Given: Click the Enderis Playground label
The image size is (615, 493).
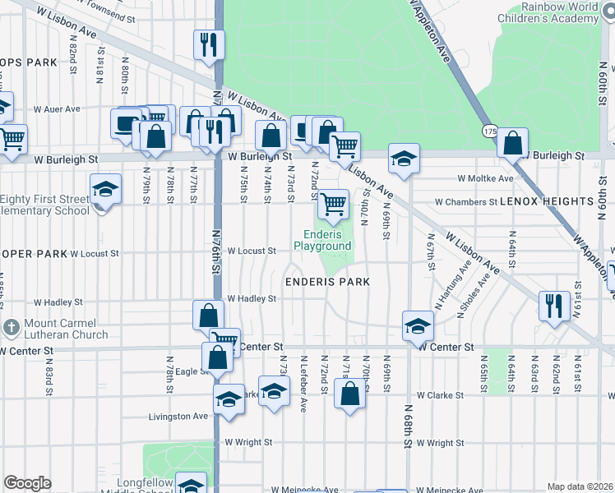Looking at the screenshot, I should click(x=322, y=240).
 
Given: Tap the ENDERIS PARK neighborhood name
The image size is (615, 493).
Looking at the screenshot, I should click(x=326, y=282).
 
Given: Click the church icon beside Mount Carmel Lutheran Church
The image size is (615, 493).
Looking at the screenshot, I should click(x=11, y=327).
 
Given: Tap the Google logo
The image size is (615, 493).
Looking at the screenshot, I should click(x=27, y=483).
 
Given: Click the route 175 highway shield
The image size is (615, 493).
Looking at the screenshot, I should click(x=490, y=131).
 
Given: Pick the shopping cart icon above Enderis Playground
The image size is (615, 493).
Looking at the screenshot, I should click(x=333, y=203).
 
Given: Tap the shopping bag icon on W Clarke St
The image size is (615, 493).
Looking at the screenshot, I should click(x=349, y=394).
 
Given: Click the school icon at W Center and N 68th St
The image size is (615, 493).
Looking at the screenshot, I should click(x=417, y=325).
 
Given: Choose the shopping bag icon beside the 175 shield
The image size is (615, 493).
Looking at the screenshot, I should click(x=512, y=143).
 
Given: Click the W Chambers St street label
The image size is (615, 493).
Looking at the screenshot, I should click(x=466, y=201).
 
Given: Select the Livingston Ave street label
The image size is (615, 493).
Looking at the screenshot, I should click(x=178, y=417).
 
